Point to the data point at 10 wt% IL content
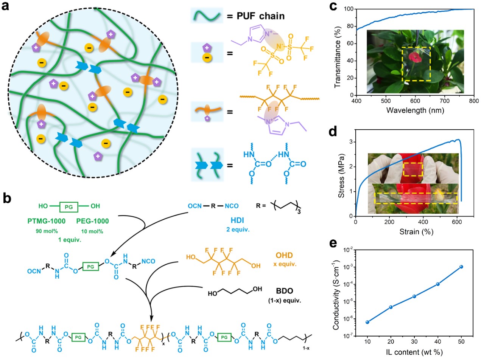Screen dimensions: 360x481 pyautogui.click(x=367, y=322)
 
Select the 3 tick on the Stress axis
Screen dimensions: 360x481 pyautogui.click(x=351, y=142)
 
